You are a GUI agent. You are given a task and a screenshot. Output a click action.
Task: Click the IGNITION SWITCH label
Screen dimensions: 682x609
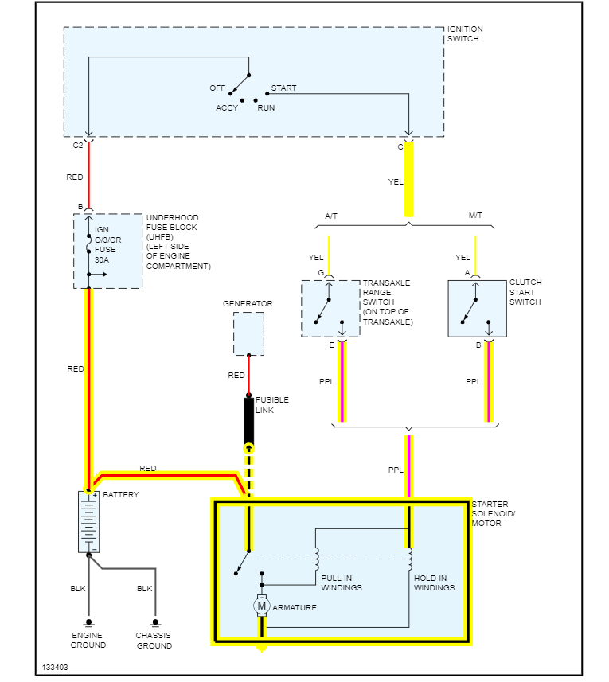465,33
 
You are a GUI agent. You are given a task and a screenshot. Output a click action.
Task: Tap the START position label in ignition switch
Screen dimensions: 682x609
283,88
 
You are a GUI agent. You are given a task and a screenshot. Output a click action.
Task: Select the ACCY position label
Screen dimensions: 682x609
227,108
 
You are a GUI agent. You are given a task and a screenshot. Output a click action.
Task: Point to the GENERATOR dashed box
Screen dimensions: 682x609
248,334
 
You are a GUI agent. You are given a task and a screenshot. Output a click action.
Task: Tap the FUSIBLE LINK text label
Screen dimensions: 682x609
271,404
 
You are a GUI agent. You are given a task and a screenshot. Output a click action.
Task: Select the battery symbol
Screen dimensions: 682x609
88,521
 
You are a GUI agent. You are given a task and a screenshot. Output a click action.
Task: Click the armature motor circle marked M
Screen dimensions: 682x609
261,606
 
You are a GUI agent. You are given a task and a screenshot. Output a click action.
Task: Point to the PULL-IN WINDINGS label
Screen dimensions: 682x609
342,583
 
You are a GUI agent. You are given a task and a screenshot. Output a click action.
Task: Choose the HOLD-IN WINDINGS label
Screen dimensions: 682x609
435,583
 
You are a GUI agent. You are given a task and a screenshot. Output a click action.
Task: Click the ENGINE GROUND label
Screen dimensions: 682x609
88,641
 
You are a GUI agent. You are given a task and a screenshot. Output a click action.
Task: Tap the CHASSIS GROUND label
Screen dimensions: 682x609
154,641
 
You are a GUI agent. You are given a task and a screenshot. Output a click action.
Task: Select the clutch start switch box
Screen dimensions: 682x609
477,308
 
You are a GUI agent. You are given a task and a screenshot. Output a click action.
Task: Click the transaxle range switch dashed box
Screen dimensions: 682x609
330,308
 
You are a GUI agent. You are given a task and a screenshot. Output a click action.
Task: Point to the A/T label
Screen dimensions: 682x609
332,216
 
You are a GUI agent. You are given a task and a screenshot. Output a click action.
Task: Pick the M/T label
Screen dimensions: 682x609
476,216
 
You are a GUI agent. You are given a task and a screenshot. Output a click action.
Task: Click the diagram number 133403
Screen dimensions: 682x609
55,667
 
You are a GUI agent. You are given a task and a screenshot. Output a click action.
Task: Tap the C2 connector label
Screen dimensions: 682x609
77,146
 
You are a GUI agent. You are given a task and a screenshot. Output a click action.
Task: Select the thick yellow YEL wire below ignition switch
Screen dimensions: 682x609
409,179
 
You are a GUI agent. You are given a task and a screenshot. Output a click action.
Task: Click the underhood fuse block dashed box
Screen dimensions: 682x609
107,251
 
